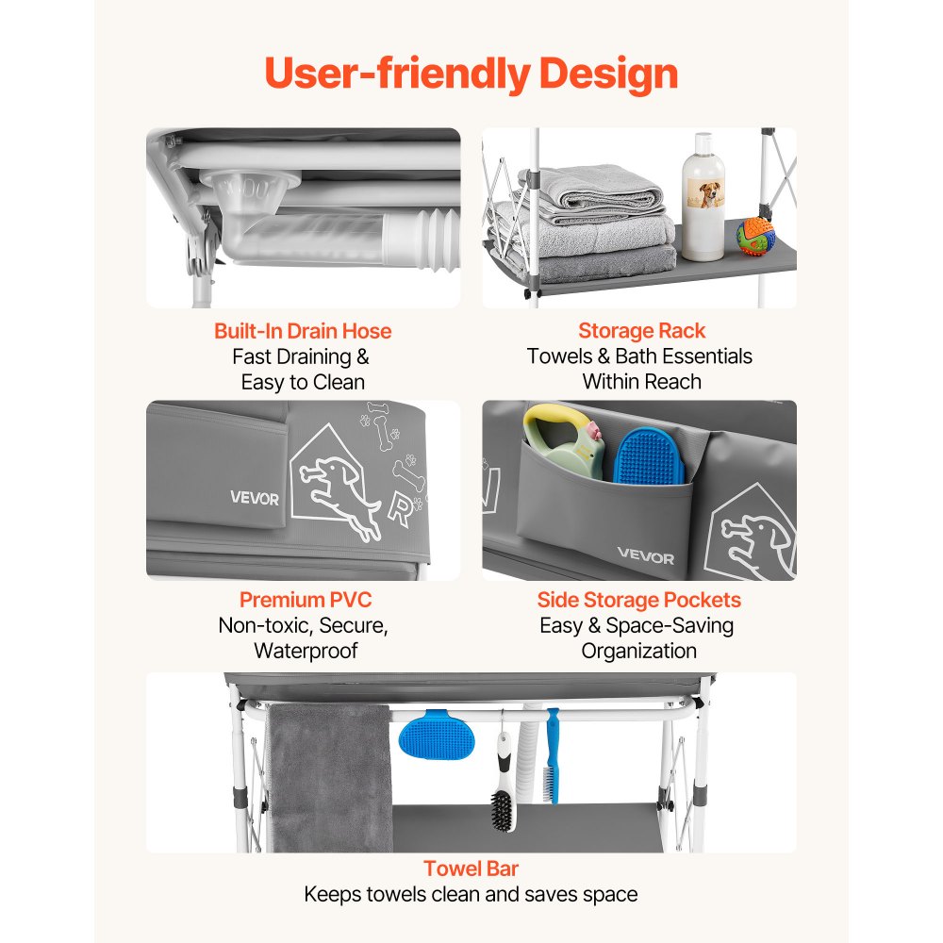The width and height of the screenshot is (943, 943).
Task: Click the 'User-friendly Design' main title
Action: tap(471, 74)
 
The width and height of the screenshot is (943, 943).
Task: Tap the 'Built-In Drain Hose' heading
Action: tap(303, 331)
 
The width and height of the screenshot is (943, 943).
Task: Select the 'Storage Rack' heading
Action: tap(641, 331)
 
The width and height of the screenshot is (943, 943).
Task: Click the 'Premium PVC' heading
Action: tap(306, 600)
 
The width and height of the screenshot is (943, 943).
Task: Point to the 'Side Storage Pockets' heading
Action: tap(638, 600)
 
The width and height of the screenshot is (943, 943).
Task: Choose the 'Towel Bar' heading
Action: tap(471, 869)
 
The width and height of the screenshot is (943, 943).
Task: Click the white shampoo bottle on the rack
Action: tap(703, 197)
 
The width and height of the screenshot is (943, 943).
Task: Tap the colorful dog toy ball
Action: tap(755, 237)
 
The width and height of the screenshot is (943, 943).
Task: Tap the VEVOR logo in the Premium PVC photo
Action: tap(255, 498)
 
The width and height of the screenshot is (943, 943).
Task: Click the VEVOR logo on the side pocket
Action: tap(645, 557)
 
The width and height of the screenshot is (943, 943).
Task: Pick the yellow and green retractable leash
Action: tap(562, 440)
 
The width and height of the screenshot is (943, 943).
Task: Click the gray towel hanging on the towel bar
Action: tap(329, 777)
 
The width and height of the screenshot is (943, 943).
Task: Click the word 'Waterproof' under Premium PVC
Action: tap(306, 651)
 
